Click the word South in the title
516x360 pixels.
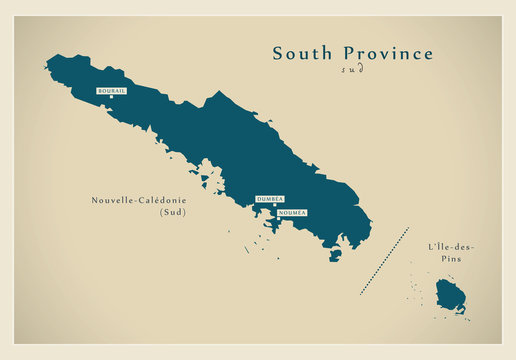pos(302,54)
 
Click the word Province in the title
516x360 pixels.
pos(386,54)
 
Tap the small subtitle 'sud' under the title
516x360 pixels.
pos(352,70)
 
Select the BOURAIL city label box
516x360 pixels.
pos(110,91)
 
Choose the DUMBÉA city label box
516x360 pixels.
pos(270,200)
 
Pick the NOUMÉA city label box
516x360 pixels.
pos(292,213)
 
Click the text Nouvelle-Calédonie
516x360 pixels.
pos(135,199)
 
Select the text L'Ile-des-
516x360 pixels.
pos(451,246)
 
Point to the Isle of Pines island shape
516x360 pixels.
pos(450,295)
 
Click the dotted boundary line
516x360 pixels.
pos(385,261)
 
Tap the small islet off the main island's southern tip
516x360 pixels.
pos(335,254)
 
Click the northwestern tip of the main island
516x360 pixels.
pos(47,65)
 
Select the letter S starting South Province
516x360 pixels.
pos(279,54)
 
